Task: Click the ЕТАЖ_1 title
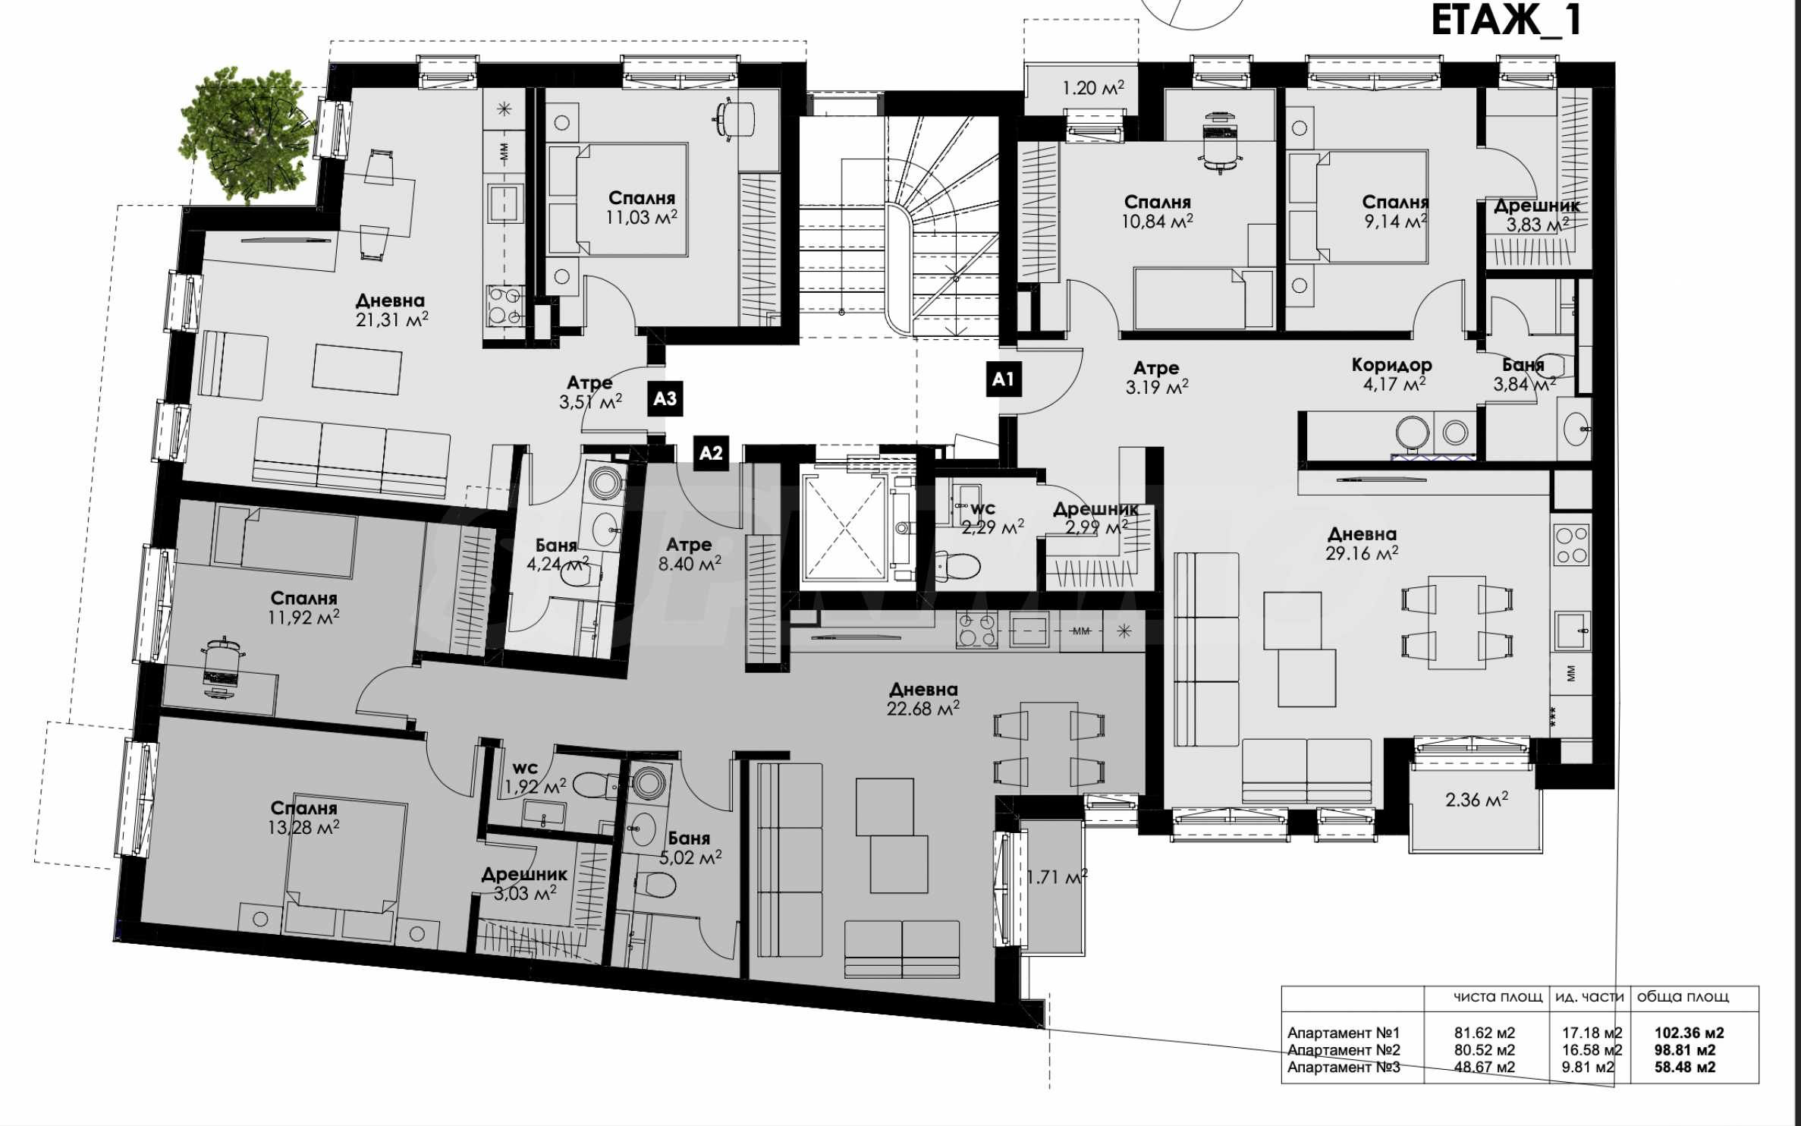(1506, 20)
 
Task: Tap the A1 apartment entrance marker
(1003, 379)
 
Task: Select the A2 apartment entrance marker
(711, 453)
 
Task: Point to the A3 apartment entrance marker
(665, 398)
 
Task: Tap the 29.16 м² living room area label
(1362, 553)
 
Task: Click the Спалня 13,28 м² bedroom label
(303, 817)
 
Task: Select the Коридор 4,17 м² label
(1392, 374)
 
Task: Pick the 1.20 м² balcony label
(1093, 88)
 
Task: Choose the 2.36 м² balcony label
(1476, 800)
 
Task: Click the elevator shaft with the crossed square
(844, 524)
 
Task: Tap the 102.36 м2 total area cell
(1689, 1033)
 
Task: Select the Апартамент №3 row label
(1344, 1067)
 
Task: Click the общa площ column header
(1683, 997)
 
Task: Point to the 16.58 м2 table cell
(1592, 1050)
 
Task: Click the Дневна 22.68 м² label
(923, 699)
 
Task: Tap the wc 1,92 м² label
(536, 778)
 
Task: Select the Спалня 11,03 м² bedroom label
(641, 208)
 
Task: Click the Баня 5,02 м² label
(690, 848)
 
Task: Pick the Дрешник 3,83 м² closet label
(1537, 215)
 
